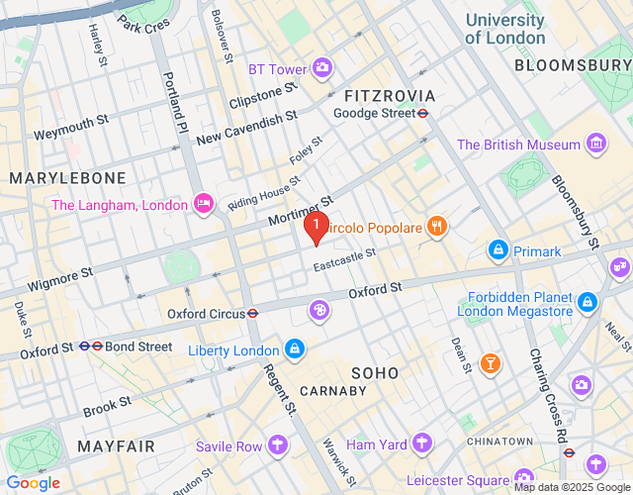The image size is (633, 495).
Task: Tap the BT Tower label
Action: (x=277, y=69)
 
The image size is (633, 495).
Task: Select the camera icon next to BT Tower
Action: (x=321, y=68)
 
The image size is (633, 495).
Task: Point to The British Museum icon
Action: (x=596, y=145)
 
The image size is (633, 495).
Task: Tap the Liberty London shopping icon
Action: (x=294, y=349)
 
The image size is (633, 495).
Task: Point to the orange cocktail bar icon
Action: (x=489, y=364)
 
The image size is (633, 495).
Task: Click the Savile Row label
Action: (x=228, y=446)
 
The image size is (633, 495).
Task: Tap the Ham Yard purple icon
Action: (x=422, y=443)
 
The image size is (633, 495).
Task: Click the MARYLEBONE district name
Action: (x=67, y=178)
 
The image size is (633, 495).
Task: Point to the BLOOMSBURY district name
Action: (x=573, y=65)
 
